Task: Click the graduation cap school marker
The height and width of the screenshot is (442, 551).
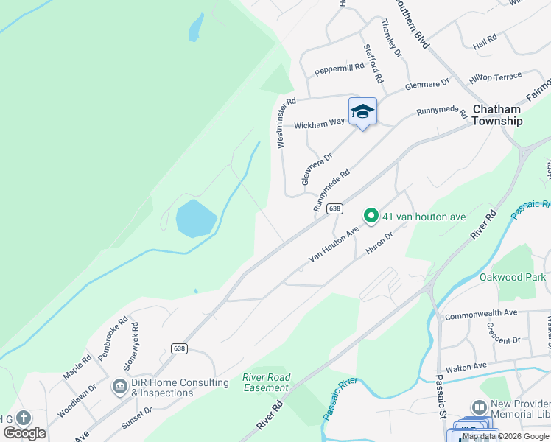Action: pos(362,111)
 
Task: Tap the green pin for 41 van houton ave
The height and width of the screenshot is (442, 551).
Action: pos(371,216)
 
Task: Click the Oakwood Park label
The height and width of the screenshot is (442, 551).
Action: pos(513,277)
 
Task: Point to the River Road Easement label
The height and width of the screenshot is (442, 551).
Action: pos(267,382)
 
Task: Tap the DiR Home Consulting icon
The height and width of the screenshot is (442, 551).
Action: pos(119,386)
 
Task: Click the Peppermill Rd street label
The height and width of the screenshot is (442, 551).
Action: pos(340,69)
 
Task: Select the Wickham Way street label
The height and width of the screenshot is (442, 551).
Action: pos(319,124)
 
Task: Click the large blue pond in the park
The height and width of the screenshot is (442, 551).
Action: pos(195,219)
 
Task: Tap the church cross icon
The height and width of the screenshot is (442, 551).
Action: pos(23,418)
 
